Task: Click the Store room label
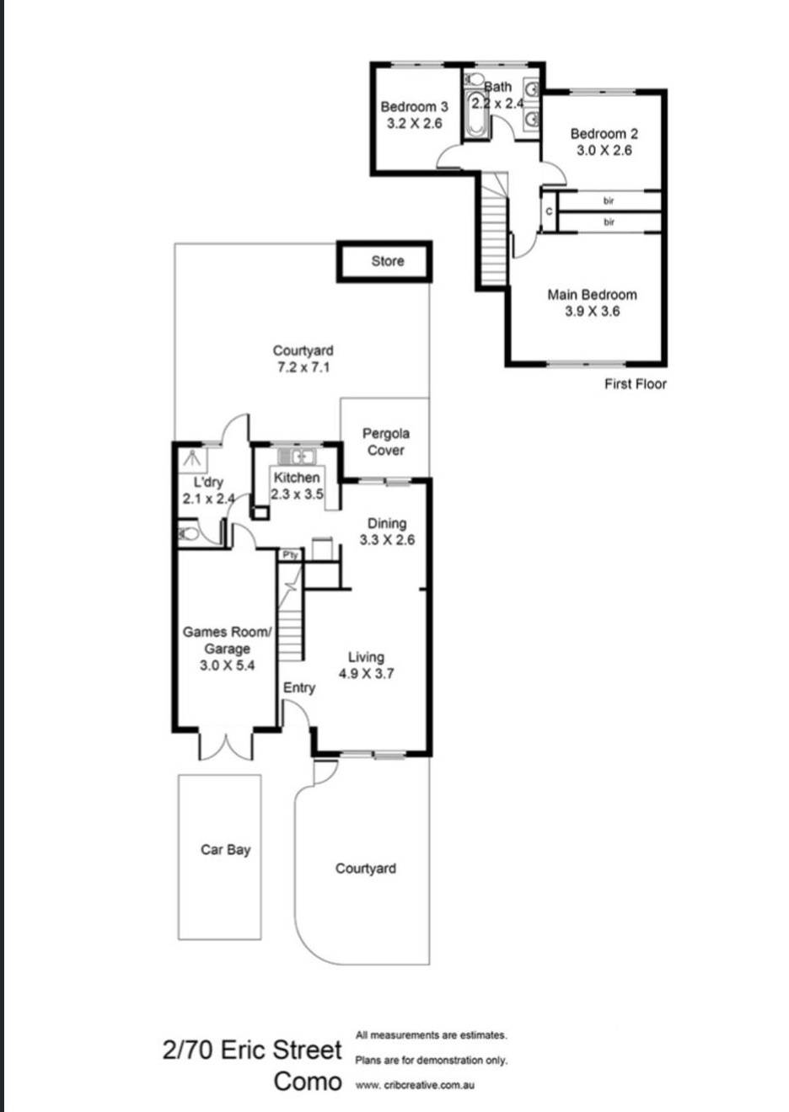(x=388, y=261)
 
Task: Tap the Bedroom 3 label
(x=415, y=107)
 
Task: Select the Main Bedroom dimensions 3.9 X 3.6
(x=593, y=311)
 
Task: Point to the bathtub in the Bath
(x=475, y=114)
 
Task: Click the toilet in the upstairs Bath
(x=474, y=79)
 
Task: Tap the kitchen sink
(x=296, y=456)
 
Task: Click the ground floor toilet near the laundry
(x=188, y=534)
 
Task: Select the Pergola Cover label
(x=386, y=441)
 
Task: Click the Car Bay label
(x=226, y=850)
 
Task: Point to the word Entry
(x=299, y=688)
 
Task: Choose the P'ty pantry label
(x=290, y=554)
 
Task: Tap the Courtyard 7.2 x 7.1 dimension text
(x=303, y=368)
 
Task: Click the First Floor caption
(x=636, y=384)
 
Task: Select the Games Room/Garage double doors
(x=227, y=746)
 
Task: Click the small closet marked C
(x=549, y=211)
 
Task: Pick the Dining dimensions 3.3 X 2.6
(x=387, y=540)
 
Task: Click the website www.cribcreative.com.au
(x=415, y=1085)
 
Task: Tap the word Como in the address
(x=308, y=1082)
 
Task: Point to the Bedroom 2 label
(x=604, y=134)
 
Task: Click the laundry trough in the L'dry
(x=193, y=457)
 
